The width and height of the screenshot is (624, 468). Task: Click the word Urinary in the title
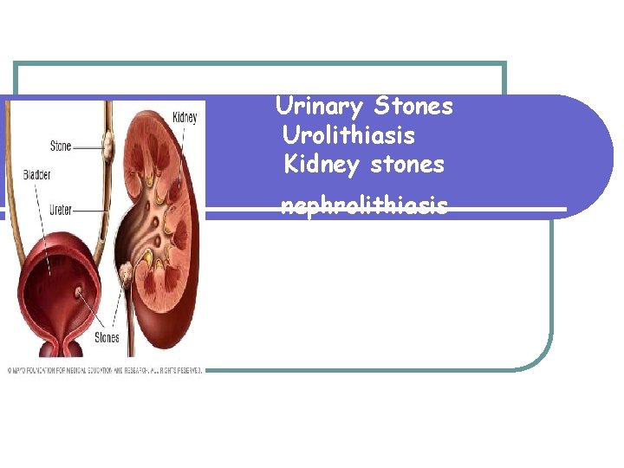(319, 107)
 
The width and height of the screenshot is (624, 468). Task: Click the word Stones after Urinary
(413, 107)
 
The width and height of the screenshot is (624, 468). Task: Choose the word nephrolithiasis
(364, 205)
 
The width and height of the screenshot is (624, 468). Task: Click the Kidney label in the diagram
(185, 117)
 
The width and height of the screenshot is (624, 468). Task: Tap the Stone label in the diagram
(61, 146)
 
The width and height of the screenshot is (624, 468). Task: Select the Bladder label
(37, 175)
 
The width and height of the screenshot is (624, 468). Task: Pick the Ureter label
(61, 209)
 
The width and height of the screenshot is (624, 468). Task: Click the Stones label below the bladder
(107, 337)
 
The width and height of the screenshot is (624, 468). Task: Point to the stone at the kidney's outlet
(127, 273)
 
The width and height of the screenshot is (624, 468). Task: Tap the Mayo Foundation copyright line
(105, 370)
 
